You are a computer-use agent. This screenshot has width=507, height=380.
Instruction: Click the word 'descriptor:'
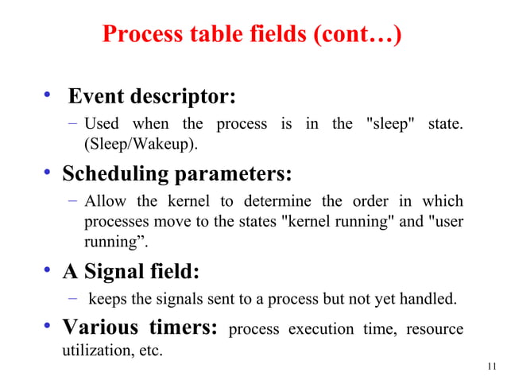(x=182, y=98)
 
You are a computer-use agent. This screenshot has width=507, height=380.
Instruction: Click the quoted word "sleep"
(x=390, y=124)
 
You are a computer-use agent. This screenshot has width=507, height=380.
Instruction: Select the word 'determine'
(x=265, y=200)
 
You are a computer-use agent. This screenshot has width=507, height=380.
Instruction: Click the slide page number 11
(x=490, y=366)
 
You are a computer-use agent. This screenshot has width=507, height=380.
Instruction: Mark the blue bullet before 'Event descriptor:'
(x=48, y=98)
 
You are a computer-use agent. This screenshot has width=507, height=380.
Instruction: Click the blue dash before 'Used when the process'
(x=72, y=124)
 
